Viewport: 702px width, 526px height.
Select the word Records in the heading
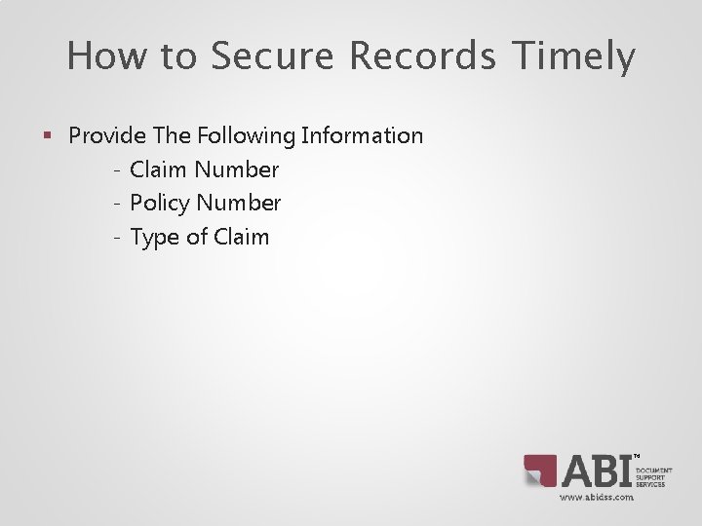[x=421, y=56]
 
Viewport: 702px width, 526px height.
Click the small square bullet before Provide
[x=48, y=136]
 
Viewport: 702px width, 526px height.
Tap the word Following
[x=250, y=135]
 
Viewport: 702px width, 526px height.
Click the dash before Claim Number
[x=116, y=170]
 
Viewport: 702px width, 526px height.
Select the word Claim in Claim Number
[x=159, y=169]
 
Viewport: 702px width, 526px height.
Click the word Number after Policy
[x=239, y=203]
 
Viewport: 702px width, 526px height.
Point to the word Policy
[x=160, y=204]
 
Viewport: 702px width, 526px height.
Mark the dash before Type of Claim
[x=116, y=238]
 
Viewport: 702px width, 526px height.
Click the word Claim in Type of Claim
[x=240, y=237]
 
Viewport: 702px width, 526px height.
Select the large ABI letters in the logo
[x=596, y=470]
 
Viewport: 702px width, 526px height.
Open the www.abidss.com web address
[x=596, y=497]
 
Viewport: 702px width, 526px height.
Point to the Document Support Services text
[x=653, y=476]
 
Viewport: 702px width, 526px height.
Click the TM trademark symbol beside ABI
[x=637, y=455]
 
